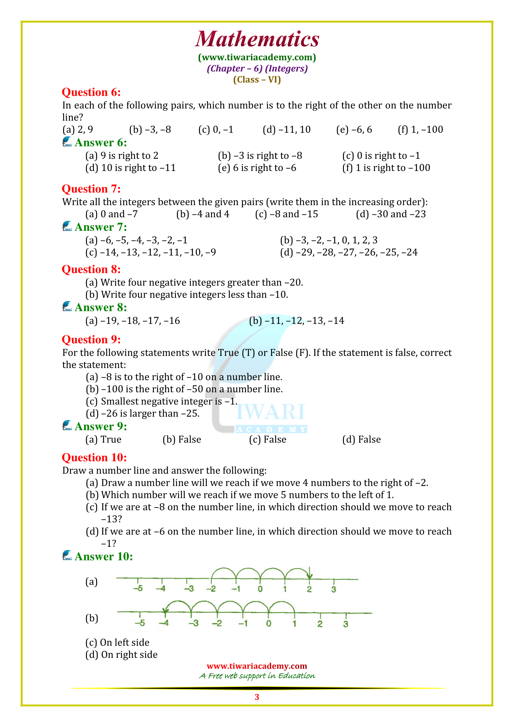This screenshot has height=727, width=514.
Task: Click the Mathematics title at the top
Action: point(257,39)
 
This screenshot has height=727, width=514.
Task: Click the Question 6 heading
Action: point(91,92)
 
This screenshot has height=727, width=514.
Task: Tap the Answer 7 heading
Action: point(101,227)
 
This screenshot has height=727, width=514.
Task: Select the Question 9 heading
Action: point(91,339)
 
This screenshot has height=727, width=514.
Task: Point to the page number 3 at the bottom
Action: point(257,697)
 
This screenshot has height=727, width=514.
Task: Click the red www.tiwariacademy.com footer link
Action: point(257,666)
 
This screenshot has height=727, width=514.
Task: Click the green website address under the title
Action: point(257,57)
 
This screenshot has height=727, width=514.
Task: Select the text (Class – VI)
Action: point(257,80)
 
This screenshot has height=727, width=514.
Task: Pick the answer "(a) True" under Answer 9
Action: point(103,439)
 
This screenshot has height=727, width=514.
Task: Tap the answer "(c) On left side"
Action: point(117,642)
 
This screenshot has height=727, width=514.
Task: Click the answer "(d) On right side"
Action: point(121,655)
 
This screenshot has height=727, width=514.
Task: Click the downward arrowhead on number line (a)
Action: point(310,576)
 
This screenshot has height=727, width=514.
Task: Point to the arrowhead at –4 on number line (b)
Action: point(165,611)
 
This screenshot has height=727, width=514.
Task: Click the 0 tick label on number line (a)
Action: point(260,589)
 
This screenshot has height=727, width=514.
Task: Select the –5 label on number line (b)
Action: point(140,623)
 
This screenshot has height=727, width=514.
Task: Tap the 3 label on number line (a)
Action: point(333,589)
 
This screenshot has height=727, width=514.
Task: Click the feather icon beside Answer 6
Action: point(67,141)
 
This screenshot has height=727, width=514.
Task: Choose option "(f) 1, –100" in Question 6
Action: point(420,130)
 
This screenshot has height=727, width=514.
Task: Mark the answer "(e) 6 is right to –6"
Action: point(257,168)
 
